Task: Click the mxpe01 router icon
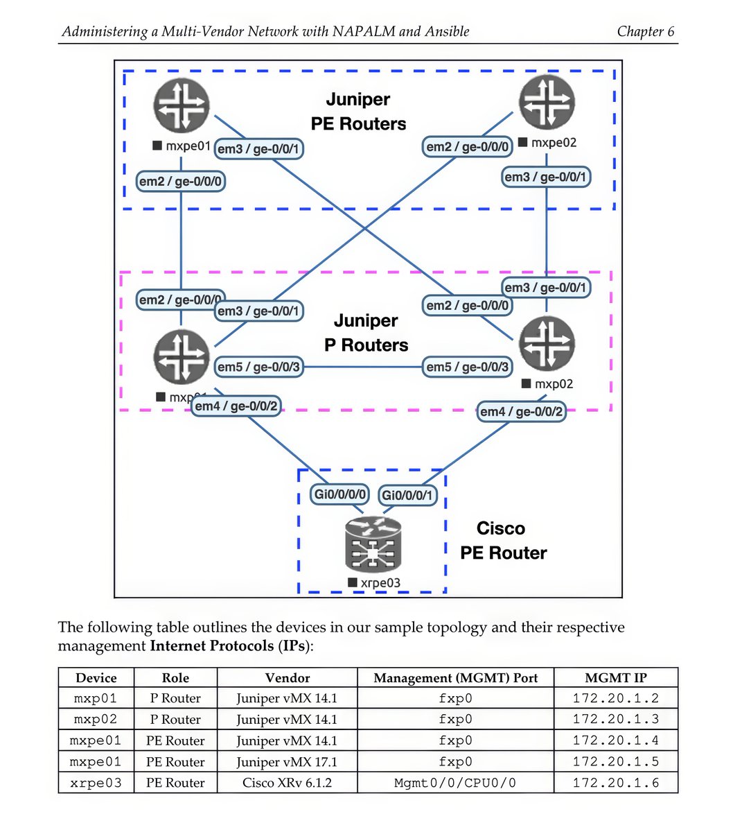point(181,105)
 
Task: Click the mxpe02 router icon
point(547,102)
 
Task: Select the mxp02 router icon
point(547,345)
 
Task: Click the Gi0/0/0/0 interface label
point(340,494)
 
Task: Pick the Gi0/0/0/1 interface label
point(408,495)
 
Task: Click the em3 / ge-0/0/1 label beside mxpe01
point(258,148)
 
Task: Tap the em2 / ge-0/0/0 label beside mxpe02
point(468,146)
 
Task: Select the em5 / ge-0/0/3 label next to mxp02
point(468,367)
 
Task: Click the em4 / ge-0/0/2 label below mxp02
point(522,412)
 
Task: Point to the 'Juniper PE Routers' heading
point(358,112)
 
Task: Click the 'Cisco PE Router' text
point(503,541)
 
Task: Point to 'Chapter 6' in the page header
point(645,31)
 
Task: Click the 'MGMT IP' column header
point(615,677)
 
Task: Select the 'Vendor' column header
point(287,677)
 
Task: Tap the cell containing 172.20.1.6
point(615,783)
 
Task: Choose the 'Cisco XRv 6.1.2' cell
point(287,783)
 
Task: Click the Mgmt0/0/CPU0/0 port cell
point(455,783)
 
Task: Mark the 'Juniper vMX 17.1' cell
point(287,762)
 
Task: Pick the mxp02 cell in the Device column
point(96,719)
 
